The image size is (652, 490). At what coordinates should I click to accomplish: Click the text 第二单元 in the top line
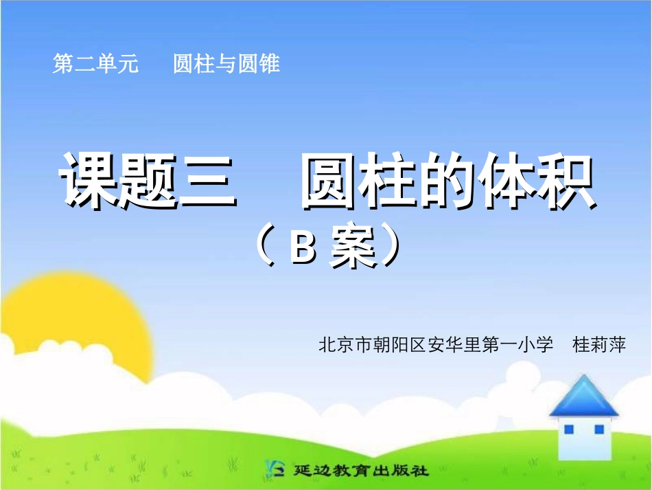95,64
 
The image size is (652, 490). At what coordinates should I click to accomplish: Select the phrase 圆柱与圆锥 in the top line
226,64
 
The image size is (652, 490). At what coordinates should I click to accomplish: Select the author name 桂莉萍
599,344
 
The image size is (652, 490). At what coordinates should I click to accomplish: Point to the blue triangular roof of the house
583,397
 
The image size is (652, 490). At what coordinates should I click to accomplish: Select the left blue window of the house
568,430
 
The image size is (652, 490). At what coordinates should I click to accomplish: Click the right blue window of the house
598,430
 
